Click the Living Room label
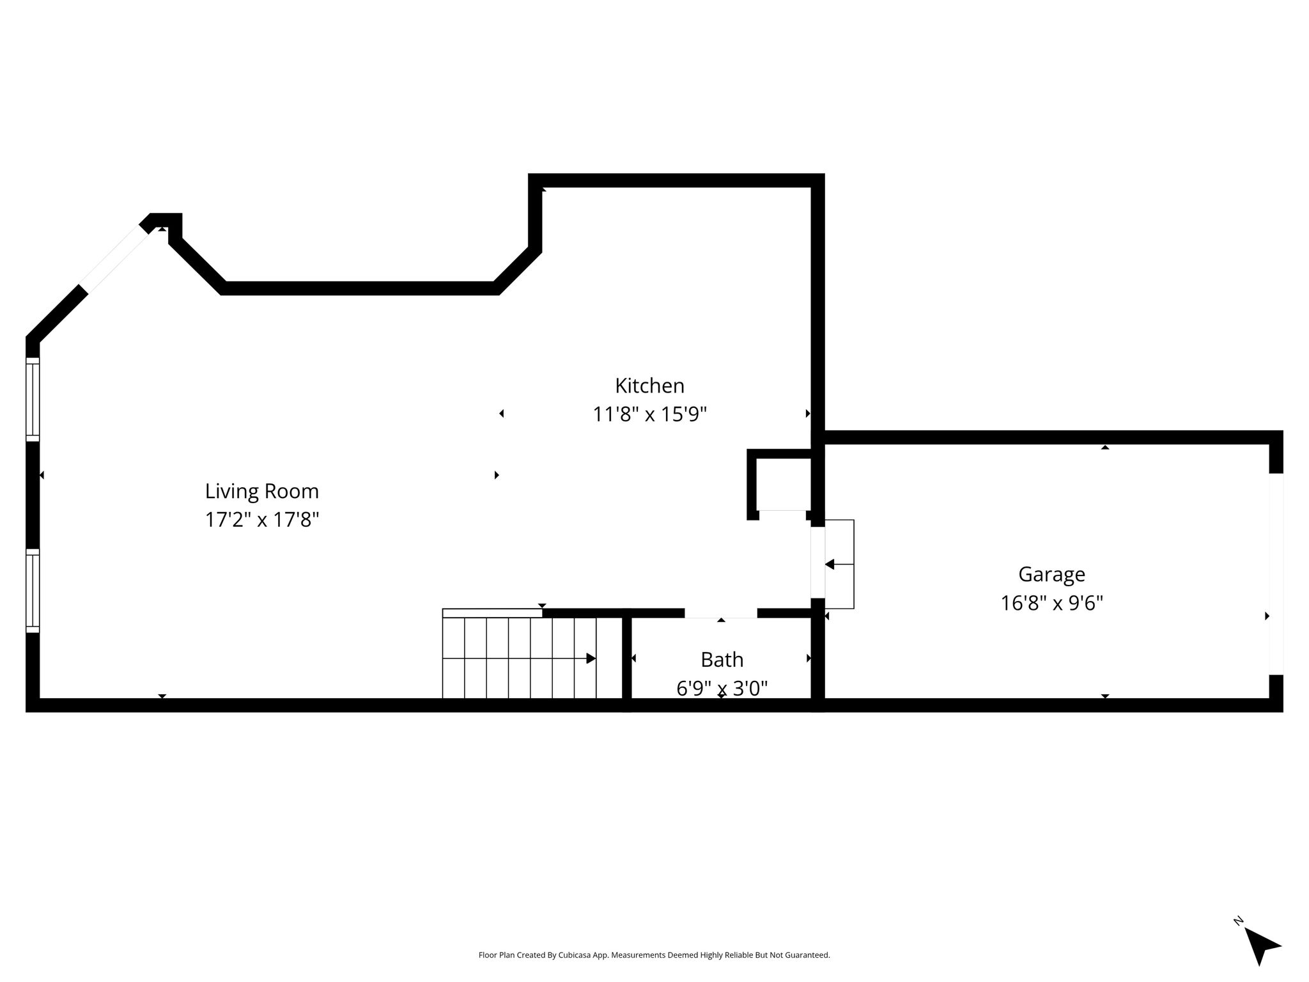tap(262, 491)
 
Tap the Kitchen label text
tap(649, 386)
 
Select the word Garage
tap(1051, 575)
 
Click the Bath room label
tap(722, 659)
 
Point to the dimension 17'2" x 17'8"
tap(262, 519)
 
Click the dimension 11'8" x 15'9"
tap(649, 414)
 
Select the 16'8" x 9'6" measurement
tap(1051, 603)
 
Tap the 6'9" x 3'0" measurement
tap(722, 688)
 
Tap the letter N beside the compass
tap(1238, 922)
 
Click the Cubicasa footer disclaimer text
tap(654, 955)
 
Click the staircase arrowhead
tap(591, 659)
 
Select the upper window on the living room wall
tap(33, 399)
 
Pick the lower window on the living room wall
tap(33, 591)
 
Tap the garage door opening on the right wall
tap(1276, 574)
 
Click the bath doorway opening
tap(721, 613)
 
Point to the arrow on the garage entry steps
tap(839, 565)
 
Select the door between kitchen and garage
tap(817, 562)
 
